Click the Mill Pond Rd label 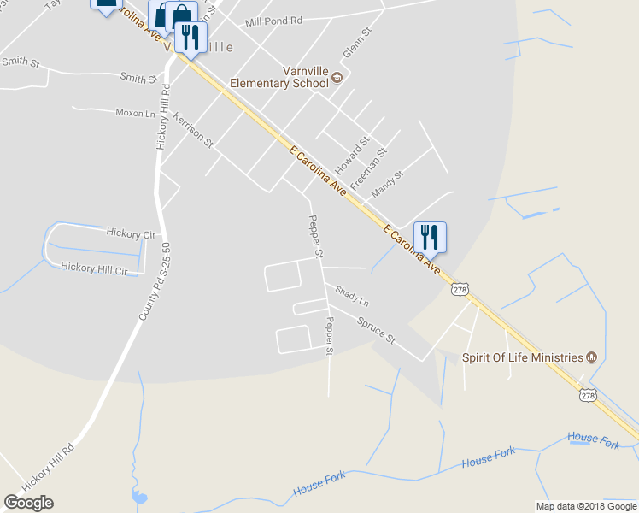click(x=273, y=21)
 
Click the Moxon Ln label click(x=136, y=113)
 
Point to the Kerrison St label click(x=192, y=129)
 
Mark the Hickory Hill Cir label click(x=94, y=268)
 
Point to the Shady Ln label click(x=351, y=297)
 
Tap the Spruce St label click(x=376, y=327)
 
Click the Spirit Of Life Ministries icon click(x=591, y=357)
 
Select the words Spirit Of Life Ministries click(x=523, y=357)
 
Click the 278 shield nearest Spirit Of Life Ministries click(x=588, y=395)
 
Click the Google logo click(x=28, y=502)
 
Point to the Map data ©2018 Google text click(x=587, y=506)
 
